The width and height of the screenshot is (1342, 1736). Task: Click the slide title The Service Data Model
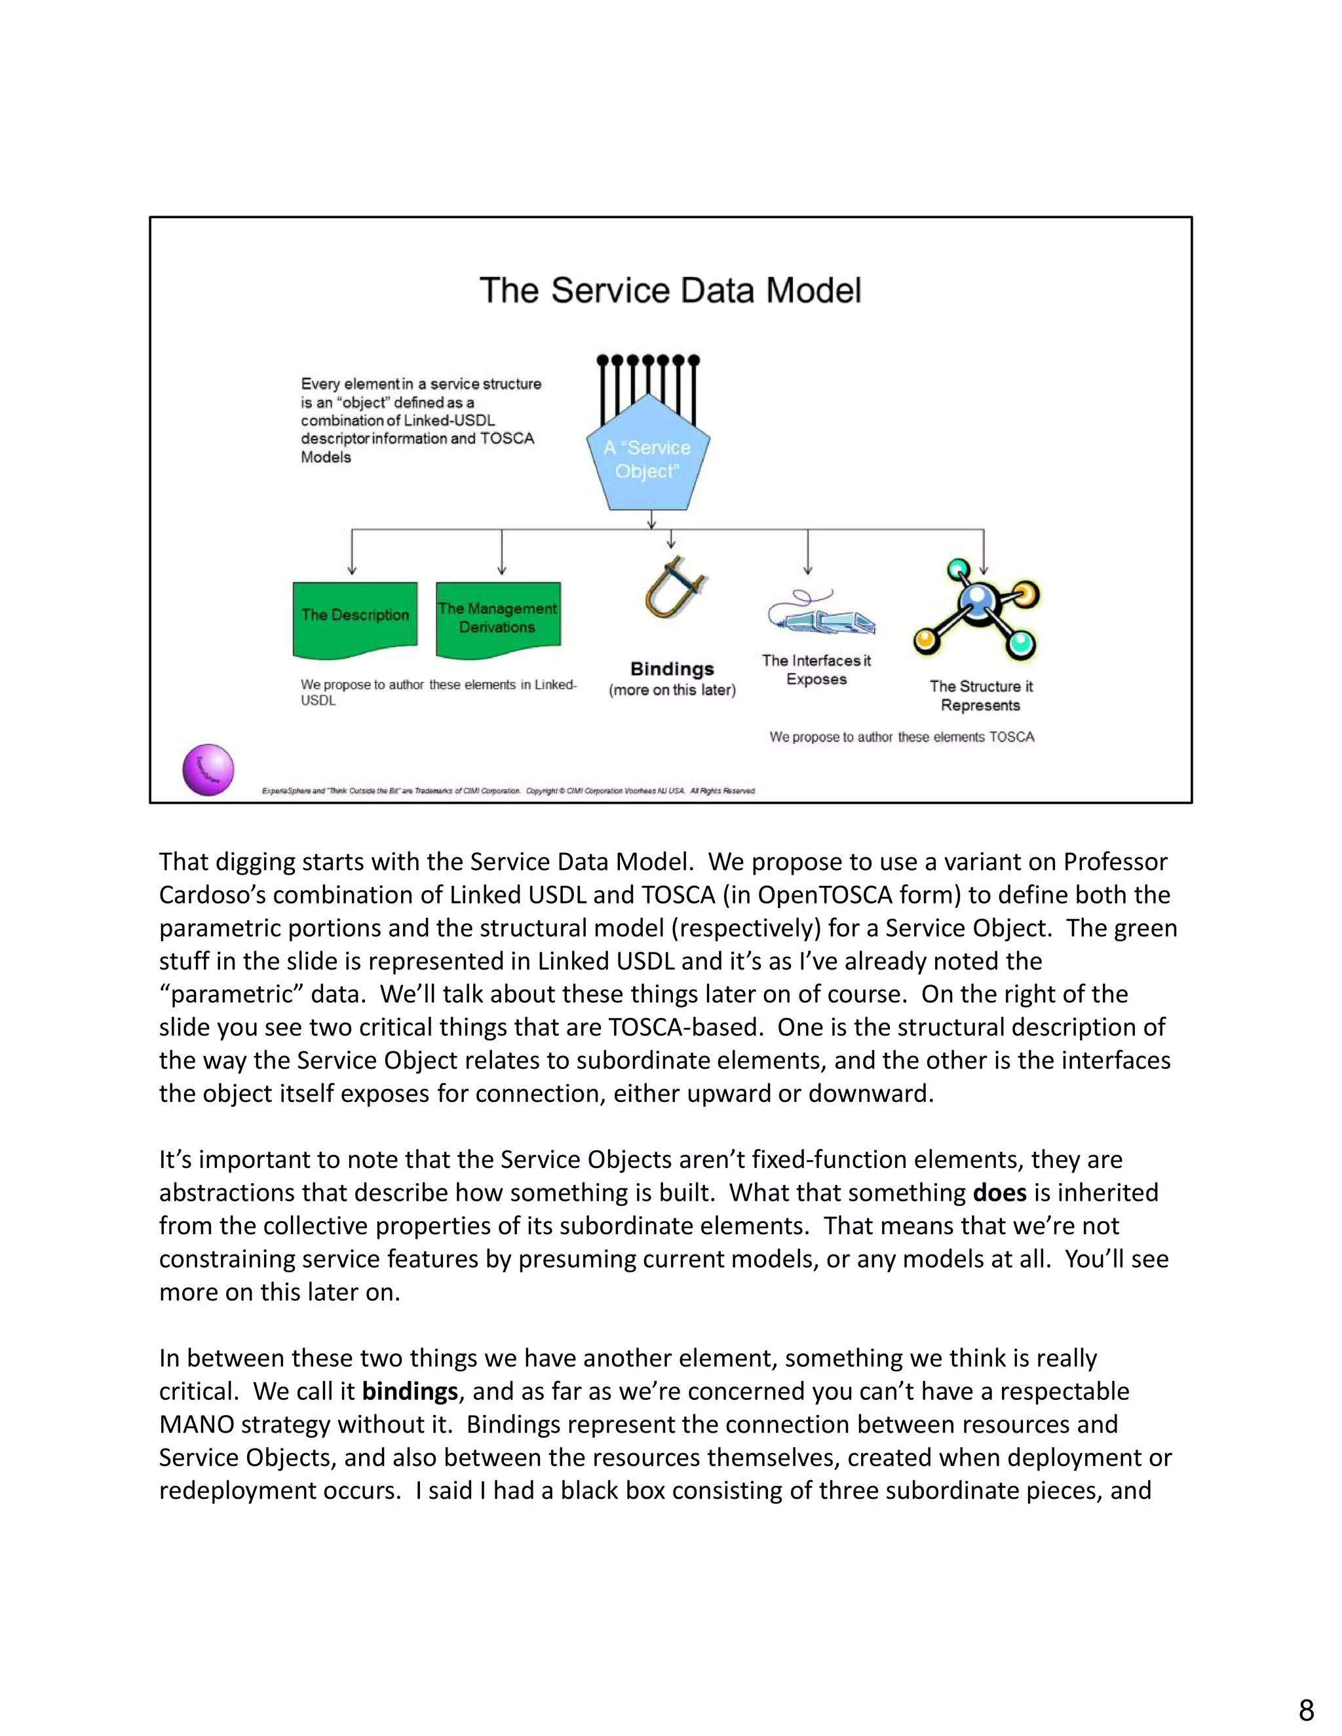click(670, 290)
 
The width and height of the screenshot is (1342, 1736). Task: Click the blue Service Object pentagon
click(648, 461)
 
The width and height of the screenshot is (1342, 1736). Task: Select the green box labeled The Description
click(355, 618)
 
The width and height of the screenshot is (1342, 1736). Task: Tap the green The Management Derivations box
click(498, 618)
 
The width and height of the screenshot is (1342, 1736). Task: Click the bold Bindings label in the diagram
click(672, 670)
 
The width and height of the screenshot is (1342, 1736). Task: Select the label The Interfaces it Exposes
click(816, 670)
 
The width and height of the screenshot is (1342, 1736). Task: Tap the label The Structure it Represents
click(981, 696)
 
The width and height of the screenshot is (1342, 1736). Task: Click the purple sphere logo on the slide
click(208, 770)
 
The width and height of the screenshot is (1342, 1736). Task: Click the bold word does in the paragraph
click(999, 1192)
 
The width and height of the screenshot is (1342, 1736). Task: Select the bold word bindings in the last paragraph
click(410, 1391)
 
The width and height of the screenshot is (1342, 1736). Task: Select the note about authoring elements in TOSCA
click(902, 737)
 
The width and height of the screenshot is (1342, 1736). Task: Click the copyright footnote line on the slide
click(508, 791)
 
